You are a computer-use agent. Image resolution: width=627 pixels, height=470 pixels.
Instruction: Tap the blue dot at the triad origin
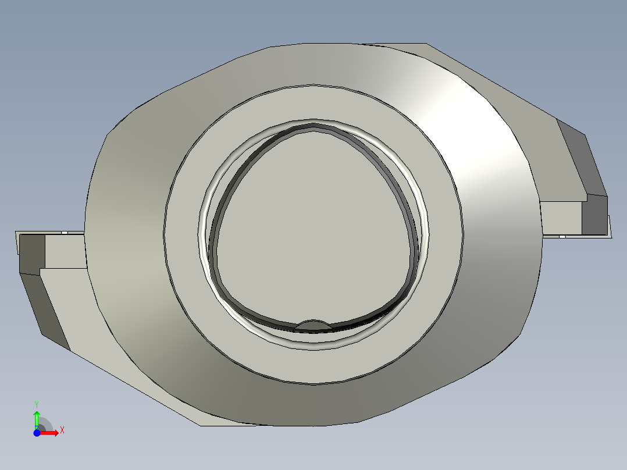click(x=37, y=433)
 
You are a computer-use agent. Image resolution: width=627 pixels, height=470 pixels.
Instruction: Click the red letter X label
click(x=62, y=430)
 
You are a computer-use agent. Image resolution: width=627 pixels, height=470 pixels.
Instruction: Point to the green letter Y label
click(x=37, y=404)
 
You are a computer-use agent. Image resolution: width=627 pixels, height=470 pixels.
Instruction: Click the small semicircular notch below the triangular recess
click(x=313, y=325)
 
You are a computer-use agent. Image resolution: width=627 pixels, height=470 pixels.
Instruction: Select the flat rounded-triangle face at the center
click(x=313, y=228)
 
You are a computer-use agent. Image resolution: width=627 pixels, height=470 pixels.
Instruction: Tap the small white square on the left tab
click(x=65, y=233)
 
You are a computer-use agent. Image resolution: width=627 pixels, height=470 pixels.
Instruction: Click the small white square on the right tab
click(x=562, y=237)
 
